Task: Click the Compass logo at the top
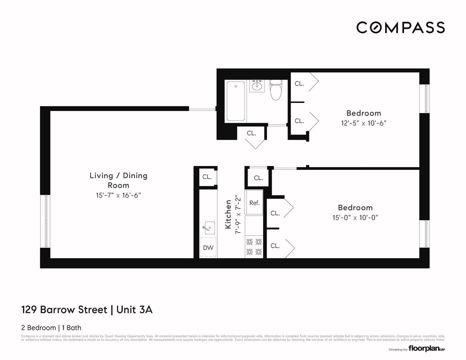(x=400, y=27)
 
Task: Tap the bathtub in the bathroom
(x=236, y=101)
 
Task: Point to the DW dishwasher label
(x=208, y=248)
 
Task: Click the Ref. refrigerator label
(x=254, y=203)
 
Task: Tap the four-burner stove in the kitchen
(x=254, y=247)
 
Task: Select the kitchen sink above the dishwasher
(x=208, y=228)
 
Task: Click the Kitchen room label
(x=228, y=215)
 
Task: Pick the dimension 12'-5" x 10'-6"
(x=363, y=123)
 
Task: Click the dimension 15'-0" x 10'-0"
(x=355, y=217)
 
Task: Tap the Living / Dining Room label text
(x=118, y=180)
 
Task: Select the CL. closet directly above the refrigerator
(x=258, y=178)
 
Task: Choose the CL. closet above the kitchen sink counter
(x=207, y=177)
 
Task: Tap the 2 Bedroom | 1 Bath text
(x=51, y=328)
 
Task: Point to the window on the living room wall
(x=46, y=221)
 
